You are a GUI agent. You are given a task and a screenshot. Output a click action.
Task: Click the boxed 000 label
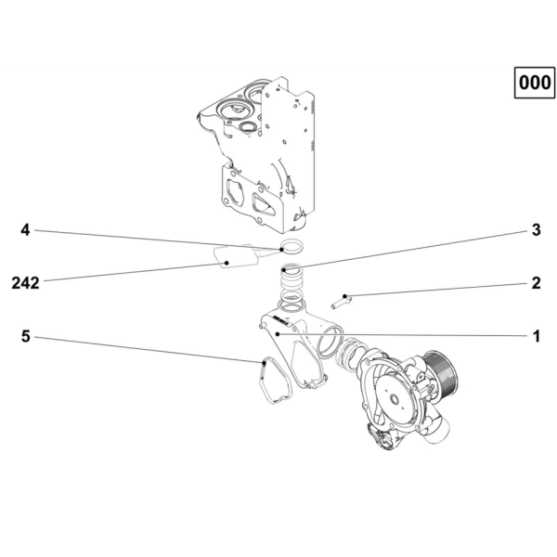pyautogui.click(x=535, y=83)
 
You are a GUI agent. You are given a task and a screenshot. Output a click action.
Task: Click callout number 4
pyautogui.click(x=25, y=230)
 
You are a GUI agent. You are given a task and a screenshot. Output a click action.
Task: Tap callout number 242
pyautogui.click(x=25, y=283)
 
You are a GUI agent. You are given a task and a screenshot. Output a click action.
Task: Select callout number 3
pyautogui.click(x=536, y=230)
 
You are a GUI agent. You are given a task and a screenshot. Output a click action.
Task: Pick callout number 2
pyautogui.click(x=536, y=283)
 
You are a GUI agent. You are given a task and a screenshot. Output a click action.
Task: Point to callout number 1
pyautogui.click(x=537, y=336)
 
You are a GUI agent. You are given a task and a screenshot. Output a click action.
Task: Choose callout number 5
pyautogui.click(x=26, y=336)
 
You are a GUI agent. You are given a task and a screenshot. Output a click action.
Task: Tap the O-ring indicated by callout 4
pyautogui.click(x=292, y=247)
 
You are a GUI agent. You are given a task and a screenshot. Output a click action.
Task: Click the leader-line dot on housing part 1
pyautogui.click(x=278, y=334)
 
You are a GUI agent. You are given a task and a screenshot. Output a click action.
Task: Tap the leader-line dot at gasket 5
pyautogui.click(x=264, y=363)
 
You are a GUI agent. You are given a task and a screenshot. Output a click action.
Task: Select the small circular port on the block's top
pyautogui.click(x=248, y=127)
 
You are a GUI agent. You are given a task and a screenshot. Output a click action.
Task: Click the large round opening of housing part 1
pyautogui.click(x=330, y=343)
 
